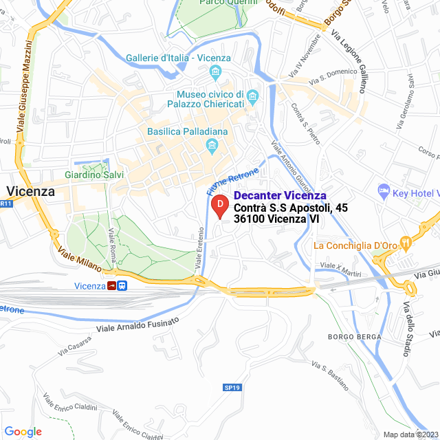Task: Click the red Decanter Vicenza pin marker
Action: pyautogui.click(x=219, y=206)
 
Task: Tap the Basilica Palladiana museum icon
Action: pyautogui.click(x=211, y=145)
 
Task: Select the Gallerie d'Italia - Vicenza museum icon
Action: pyautogui.click(x=216, y=72)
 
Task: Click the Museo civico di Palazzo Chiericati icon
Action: pyautogui.click(x=253, y=94)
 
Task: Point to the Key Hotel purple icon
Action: pyautogui.click(x=383, y=190)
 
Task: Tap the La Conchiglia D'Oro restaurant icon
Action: pyautogui.click(x=407, y=242)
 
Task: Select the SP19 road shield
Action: pyautogui.click(x=232, y=388)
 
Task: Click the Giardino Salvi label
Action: pyautogui.click(x=94, y=175)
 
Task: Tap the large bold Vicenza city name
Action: pyautogui.click(x=30, y=192)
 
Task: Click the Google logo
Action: pyautogui.click(x=23, y=431)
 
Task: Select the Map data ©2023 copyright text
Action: pyautogui.click(x=410, y=434)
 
